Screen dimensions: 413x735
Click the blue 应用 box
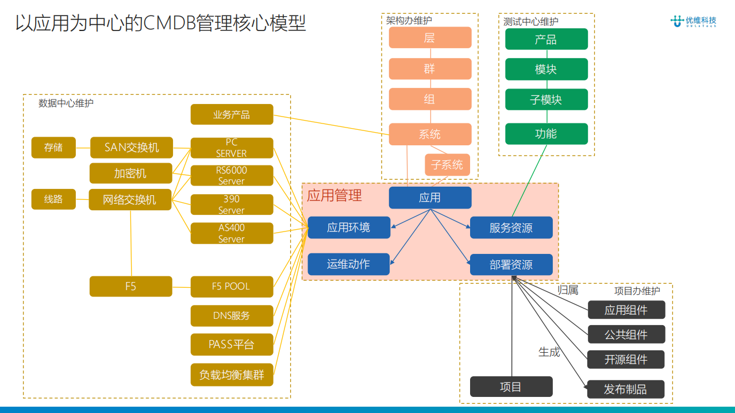(430, 198)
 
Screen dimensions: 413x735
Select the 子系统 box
(447, 165)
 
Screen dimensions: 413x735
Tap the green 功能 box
(546, 134)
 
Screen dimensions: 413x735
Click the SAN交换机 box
(132, 148)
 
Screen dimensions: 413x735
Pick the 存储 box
(53, 148)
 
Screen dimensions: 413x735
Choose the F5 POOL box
(232, 286)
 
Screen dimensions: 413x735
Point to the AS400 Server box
(232, 233)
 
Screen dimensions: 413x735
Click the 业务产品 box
(232, 114)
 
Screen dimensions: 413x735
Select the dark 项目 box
(511, 387)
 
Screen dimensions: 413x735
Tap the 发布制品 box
(625, 389)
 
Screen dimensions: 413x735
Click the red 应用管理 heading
(334, 195)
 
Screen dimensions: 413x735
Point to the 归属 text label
(568, 290)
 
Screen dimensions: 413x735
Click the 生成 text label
(549, 352)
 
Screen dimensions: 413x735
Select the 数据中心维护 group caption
(66, 103)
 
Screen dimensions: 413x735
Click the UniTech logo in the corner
(693, 21)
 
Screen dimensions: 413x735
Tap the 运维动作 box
(348, 264)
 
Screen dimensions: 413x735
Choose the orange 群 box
(430, 69)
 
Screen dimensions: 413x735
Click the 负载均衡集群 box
(232, 375)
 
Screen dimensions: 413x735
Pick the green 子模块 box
(546, 99)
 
